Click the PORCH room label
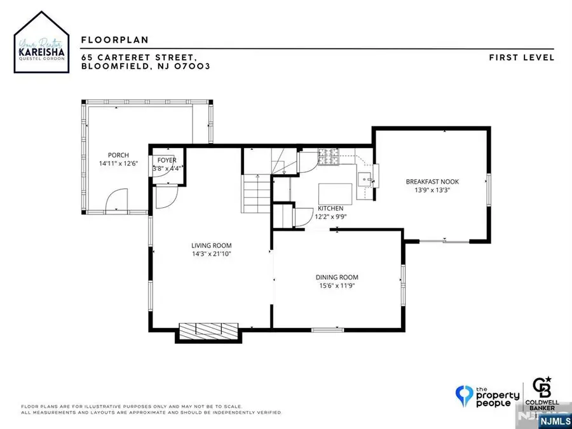point(118,155)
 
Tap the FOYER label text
point(167,161)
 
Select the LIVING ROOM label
point(212,245)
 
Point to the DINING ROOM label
point(337,277)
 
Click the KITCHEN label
point(330,208)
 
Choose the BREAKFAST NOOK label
point(432,182)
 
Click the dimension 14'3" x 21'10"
point(212,254)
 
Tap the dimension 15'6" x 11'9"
point(337,286)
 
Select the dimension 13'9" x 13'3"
point(432,191)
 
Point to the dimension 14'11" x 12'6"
point(118,164)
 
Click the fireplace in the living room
point(208,330)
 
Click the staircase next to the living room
point(256,194)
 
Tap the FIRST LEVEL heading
point(522,57)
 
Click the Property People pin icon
point(466,396)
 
